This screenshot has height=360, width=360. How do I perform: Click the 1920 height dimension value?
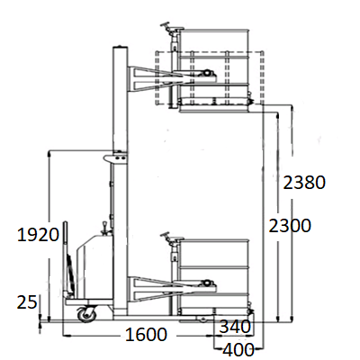[x=38, y=235]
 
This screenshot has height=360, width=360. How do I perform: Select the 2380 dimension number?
[x=304, y=183]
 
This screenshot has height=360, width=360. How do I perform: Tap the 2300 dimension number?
[x=290, y=226]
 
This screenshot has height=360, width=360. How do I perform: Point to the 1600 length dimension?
[x=146, y=335]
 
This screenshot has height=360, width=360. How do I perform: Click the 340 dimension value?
[x=235, y=327]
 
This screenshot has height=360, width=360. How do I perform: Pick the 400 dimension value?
[x=238, y=350]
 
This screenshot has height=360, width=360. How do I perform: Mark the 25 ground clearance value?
[x=27, y=302]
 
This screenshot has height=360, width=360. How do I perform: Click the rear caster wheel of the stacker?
[x=87, y=315]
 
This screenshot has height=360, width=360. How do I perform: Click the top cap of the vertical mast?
[x=120, y=47]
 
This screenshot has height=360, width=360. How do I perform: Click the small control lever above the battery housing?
[x=104, y=227]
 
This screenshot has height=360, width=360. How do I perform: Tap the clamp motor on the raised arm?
[x=207, y=73]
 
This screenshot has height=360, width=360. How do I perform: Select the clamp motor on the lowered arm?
[x=207, y=283]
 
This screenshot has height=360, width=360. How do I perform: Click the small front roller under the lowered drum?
[x=204, y=319]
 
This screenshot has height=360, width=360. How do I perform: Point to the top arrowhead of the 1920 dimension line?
[x=49, y=153]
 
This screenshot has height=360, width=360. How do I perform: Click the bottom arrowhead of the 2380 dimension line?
[x=292, y=319]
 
